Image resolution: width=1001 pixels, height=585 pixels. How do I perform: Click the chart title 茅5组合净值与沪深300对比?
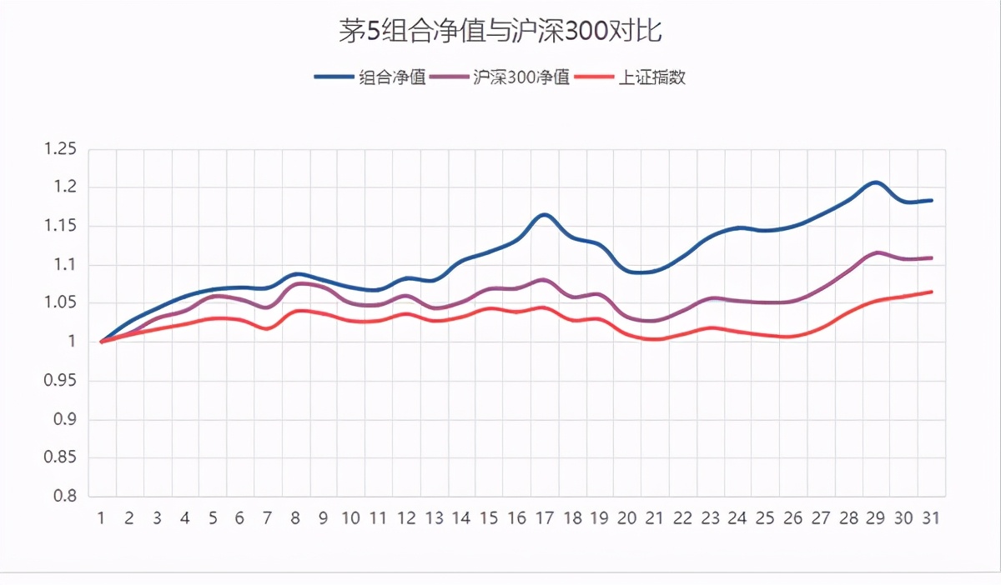(500, 32)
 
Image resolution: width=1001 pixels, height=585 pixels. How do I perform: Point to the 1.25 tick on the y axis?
(59, 149)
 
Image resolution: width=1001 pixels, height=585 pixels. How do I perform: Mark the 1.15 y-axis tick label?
(59, 227)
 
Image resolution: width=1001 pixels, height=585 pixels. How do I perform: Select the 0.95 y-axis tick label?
(59, 381)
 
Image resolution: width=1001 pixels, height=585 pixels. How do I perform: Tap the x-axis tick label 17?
(544, 518)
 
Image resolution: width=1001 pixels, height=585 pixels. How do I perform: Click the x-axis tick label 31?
(931, 518)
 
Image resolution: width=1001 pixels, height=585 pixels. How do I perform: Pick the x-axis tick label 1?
(101, 518)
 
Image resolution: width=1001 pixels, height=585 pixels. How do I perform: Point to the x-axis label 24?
(737, 518)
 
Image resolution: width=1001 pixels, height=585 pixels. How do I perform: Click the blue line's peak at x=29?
(875, 182)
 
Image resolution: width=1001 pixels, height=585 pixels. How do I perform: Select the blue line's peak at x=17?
(544, 214)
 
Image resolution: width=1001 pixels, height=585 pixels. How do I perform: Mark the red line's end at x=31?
(931, 292)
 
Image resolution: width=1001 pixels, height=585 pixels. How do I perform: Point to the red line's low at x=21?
(655, 339)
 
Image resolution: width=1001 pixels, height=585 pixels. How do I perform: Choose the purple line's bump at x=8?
(296, 283)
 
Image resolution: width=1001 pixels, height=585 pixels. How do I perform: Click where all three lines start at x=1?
(101, 342)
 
